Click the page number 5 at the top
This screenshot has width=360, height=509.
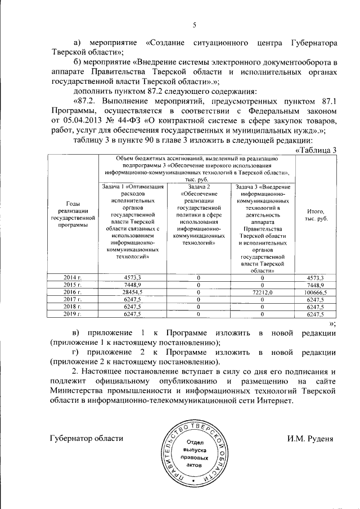[x=194, y=25]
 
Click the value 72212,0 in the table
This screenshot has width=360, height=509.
[x=262, y=293]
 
